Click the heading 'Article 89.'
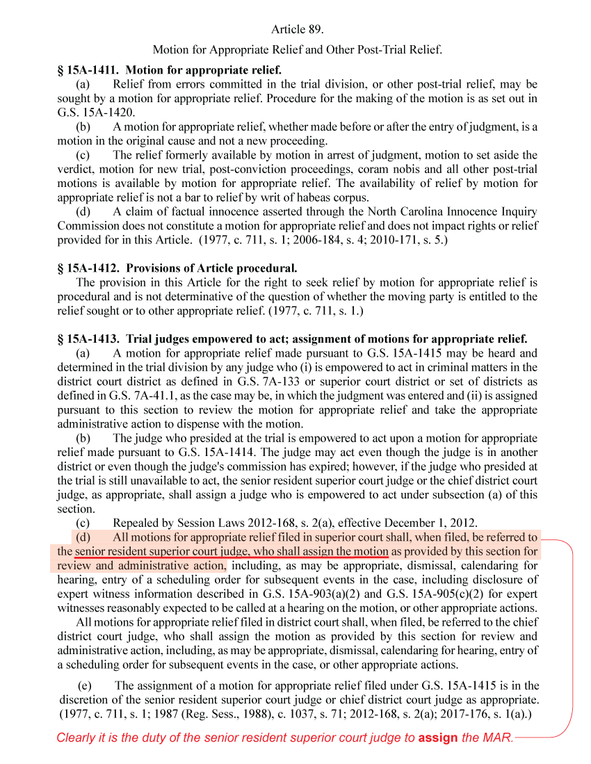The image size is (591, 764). click(x=298, y=29)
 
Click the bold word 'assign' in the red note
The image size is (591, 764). click(x=439, y=738)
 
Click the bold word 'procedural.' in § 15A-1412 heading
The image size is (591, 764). click(x=269, y=268)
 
